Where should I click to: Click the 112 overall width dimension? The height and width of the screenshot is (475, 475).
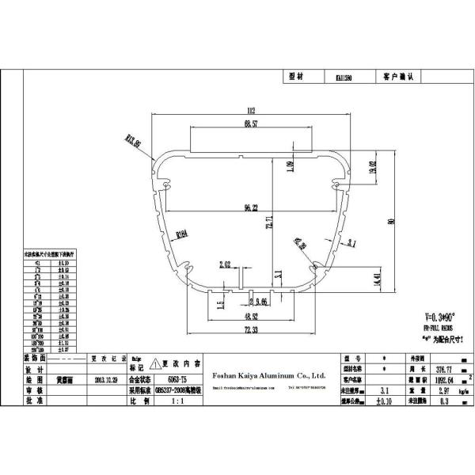click(251, 111)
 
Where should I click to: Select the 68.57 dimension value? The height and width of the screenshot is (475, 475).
click(251, 125)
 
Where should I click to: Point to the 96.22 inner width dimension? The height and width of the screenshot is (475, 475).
click(251, 208)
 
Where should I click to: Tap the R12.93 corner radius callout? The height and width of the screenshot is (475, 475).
click(133, 142)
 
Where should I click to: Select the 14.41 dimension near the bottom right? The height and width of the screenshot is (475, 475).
click(354, 279)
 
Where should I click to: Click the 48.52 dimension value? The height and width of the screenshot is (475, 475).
click(250, 315)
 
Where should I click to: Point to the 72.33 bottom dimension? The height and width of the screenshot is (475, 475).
click(250, 329)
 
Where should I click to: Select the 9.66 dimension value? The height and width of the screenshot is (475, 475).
click(260, 302)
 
